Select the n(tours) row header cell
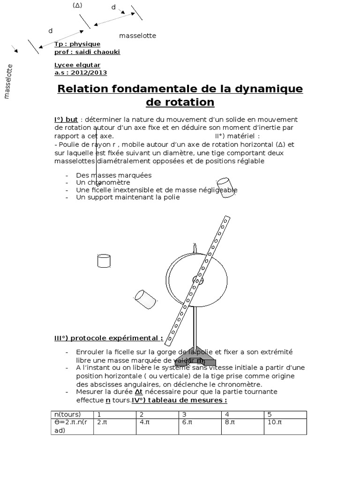pyautogui.click(x=67, y=414)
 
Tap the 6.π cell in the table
pyautogui.click(x=187, y=422)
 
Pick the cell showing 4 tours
pyautogui.click(x=227, y=414)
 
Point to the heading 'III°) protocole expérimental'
pyautogui.click(x=108, y=338)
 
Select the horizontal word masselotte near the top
pyautogui.click(x=137, y=36)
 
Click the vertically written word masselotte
pyautogui.click(x=8, y=82)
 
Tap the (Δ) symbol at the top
pyautogui.click(x=77, y=6)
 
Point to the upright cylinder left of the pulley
pyautogui.click(x=104, y=260)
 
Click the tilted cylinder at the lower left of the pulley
pyautogui.click(x=145, y=299)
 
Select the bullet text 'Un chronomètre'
pyautogui.click(x=103, y=182)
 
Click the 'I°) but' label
pyautogui.click(x=66, y=120)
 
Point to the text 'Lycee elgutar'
pyautogui.click(x=77, y=65)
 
